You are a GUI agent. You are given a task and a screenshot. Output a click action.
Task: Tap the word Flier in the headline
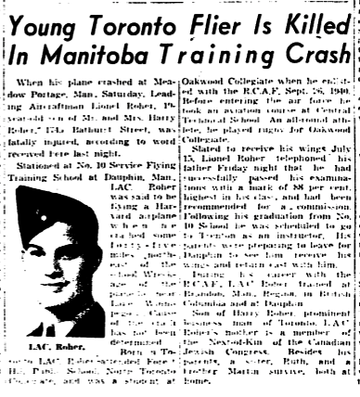point(214,18)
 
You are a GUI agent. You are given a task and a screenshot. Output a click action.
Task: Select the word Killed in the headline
point(310,18)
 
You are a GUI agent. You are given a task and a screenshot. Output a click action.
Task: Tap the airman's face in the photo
point(46,288)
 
